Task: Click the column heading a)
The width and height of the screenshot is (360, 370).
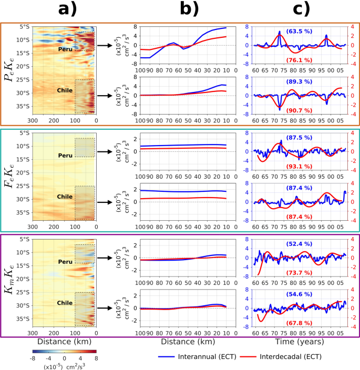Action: click(65, 10)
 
